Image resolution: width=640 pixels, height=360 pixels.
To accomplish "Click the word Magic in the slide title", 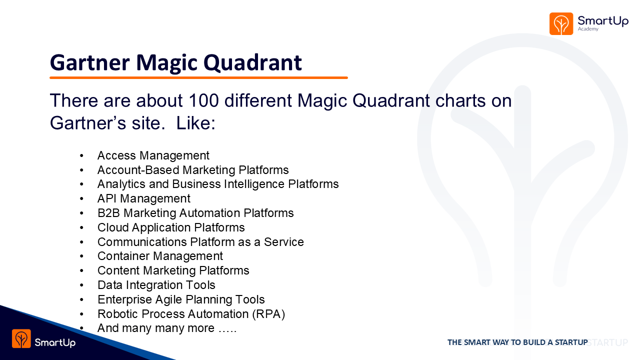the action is (x=166, y=63).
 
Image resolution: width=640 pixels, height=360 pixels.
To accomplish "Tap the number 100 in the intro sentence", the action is (x=203, y=100).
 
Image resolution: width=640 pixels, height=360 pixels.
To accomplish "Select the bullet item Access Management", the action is (x=153, y=155).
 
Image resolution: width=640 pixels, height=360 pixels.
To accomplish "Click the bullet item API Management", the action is (x=143, y=198).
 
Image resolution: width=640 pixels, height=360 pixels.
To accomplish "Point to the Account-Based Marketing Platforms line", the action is (x=193, y=170).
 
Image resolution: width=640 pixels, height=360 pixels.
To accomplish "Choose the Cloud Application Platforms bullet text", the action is (x=171, y=227).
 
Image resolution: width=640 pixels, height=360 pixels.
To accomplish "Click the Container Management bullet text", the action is (x=160, y=256).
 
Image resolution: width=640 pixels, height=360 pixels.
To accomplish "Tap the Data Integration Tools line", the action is (x=156, y=285).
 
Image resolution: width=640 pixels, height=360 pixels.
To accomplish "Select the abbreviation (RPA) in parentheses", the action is (x=268, y=314).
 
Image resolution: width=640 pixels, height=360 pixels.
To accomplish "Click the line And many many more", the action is (x=167, y=328).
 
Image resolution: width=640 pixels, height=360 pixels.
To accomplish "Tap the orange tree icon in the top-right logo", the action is (x=561, y=23).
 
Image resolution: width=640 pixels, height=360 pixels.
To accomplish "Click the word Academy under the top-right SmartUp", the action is (x=588, y=29).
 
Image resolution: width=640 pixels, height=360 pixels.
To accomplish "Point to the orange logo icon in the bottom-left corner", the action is (x=21, y=338).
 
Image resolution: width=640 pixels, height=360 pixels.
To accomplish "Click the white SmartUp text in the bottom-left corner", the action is (x=55, y=342).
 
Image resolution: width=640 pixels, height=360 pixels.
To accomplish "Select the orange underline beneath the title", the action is (x=198, y=77).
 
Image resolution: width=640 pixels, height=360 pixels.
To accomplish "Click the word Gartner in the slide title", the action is (x=89, y=62).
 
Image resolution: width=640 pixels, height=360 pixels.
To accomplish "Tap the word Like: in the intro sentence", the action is (x=195, y=123).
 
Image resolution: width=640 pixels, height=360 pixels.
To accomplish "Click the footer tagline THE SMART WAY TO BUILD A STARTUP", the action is (x=517, y=342).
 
